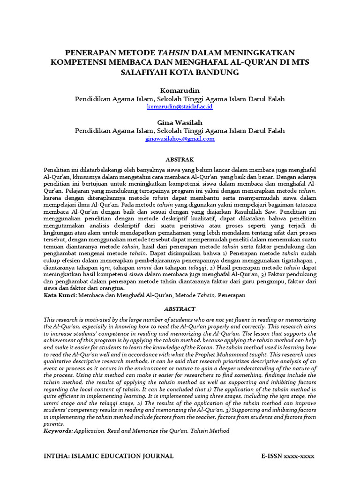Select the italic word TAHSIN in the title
[172, 52]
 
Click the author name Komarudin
[180, 90]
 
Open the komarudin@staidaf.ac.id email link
[180, 107]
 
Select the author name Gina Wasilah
[180, 122]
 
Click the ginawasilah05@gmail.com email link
[180, 139]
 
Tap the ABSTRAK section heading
[180, 159]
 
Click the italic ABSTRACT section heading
[180, 309]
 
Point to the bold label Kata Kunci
[60, 296]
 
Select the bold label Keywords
[59, 430]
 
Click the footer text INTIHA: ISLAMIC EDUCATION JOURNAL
[108, 456]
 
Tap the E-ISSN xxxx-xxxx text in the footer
[287, 456]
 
